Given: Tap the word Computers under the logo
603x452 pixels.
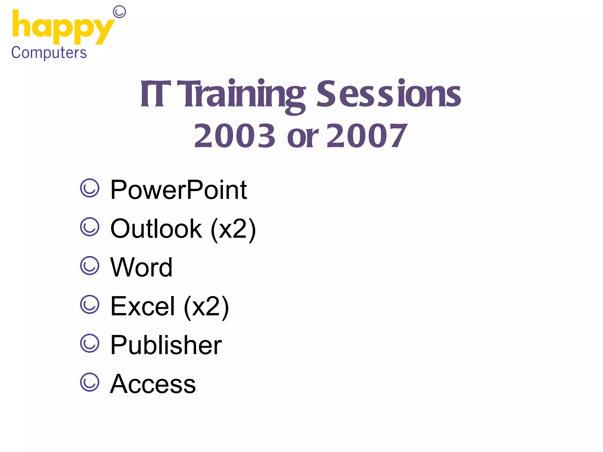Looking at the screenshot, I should tap(49, 53).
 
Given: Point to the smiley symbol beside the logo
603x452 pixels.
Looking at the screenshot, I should tap(120, 12).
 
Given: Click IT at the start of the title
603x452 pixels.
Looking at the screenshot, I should tap(155, 94).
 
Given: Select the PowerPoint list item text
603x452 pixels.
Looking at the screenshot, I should tap(178, 190).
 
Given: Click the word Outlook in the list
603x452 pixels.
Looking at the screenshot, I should tap(156, 229).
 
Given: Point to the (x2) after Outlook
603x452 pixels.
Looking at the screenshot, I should tap(233, 229).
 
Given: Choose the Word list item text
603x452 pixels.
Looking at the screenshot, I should tap(141, 267).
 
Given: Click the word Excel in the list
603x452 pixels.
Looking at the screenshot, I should tap(143, 306).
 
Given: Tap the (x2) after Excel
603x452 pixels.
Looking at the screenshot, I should tap(206, 307).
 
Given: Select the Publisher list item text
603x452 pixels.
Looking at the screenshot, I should tap(166, 345).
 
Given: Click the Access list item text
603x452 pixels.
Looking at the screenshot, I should tap(153, 384).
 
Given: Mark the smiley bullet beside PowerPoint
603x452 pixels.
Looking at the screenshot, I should tap(90, 188).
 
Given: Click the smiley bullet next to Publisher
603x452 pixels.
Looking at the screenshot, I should tap(90, 343).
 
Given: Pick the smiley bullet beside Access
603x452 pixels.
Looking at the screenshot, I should tap(90, 382).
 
